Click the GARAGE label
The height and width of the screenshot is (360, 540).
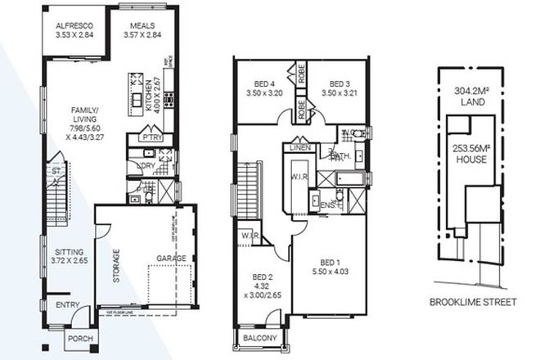173,259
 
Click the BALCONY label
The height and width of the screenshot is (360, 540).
260,337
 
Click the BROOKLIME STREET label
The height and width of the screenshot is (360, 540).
473,302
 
